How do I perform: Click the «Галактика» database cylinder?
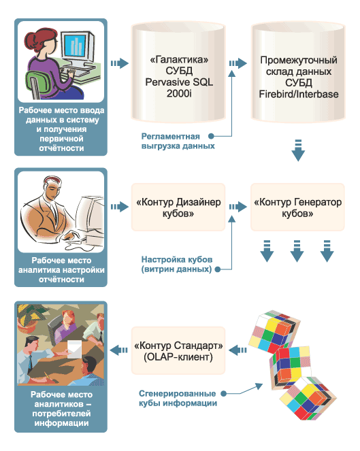click(178, 73)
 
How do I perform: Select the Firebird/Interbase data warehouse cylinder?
click(298, 73)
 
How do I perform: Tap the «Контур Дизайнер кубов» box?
click(178, 207)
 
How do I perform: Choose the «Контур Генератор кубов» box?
click(297, 207)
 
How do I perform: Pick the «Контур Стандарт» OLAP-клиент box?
click(178, 350)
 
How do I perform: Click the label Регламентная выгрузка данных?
click(178, 141)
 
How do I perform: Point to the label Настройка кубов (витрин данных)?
click(177, 265)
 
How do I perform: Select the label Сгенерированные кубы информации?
click(178, 399)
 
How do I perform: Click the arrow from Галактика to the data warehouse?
click(238, 63)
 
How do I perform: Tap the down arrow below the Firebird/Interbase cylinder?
click(298, 150)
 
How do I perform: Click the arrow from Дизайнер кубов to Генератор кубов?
click(238, 207)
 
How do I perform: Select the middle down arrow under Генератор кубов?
click(297, 251)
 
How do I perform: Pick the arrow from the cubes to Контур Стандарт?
click(238, 350)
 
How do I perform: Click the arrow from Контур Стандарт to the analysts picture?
click(118, 350)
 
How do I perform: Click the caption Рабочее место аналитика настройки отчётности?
click(61, 270)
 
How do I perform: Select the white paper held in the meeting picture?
click(75, 349)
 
